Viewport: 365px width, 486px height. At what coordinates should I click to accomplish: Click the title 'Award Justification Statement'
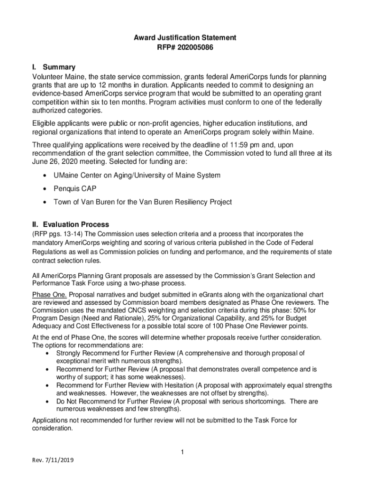[182, 37]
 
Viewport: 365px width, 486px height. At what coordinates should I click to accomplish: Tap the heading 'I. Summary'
[53, 67]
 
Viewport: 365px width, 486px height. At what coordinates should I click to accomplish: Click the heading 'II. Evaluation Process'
[70, 224]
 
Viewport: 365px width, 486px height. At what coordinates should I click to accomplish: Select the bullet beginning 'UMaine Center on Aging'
[137, 175]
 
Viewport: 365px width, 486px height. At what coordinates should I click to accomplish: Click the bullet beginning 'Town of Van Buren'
[142, 202]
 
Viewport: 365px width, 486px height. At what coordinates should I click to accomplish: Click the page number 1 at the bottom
[182, 452]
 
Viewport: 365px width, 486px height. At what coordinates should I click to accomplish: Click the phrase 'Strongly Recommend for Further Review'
[116, 353]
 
